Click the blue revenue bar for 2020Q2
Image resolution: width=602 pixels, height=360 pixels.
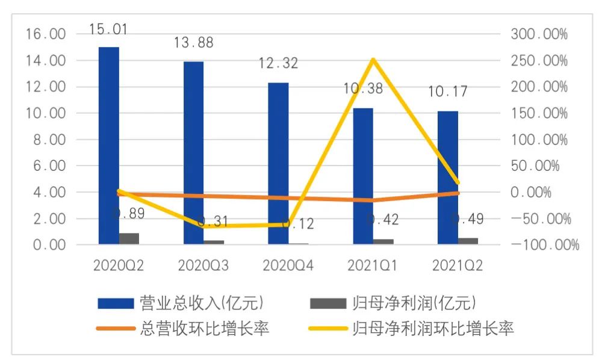[109, 144]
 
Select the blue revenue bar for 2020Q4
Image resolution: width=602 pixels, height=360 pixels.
[279, 163]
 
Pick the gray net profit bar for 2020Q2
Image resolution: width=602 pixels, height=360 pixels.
[129, 238]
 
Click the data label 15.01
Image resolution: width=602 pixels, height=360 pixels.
[108, 29]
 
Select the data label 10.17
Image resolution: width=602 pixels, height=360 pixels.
[447, 93]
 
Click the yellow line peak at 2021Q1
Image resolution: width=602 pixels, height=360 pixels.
[373, 59]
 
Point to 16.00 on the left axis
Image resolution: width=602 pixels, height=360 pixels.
[46, 34]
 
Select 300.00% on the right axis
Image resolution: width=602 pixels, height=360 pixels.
[539, 34]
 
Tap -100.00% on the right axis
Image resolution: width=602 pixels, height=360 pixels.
[543, 245]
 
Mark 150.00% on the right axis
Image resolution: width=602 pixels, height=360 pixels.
[539, 113]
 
